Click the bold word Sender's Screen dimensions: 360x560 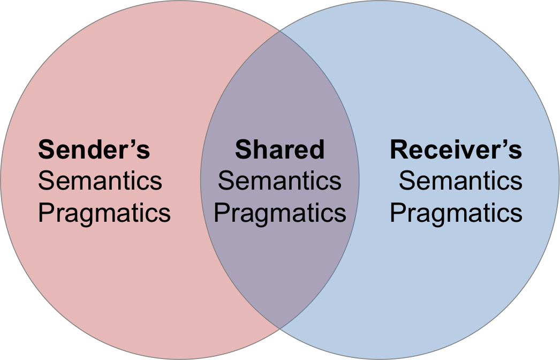pos(94,149)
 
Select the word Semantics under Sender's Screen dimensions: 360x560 pos(100,181)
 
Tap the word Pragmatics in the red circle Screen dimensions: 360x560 pos(104,213)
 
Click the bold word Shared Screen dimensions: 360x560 pos(279,149)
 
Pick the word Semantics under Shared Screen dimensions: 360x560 pos(279,181)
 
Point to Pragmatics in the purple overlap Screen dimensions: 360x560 pos(279,213)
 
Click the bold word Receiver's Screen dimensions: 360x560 pos(456,149)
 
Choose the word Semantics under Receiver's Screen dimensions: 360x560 pos(460,181)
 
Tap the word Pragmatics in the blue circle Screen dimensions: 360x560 pos(456,213)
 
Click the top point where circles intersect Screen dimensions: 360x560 pos(279,31)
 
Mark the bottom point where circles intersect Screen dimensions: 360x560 pos(279,327)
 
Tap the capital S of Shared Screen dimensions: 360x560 pos(243,149)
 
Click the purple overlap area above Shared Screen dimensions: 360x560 pos(279,91)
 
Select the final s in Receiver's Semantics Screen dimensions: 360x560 pos(517,182)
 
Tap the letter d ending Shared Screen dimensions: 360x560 pos(317,149)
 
